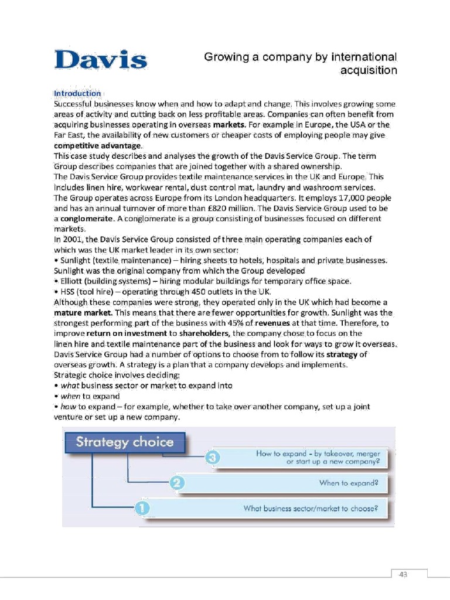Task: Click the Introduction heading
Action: [77, 93]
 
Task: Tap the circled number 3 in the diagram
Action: [214, 458]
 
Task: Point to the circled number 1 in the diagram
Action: [141, 508]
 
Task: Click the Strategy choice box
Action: [125, 442]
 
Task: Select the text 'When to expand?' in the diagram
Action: [349, 483]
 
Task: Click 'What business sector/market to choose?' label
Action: [311, 508]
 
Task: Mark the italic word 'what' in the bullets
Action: [69, 385]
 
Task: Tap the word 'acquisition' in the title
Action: [369, 70]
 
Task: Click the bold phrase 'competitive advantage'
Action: [98, 145]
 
